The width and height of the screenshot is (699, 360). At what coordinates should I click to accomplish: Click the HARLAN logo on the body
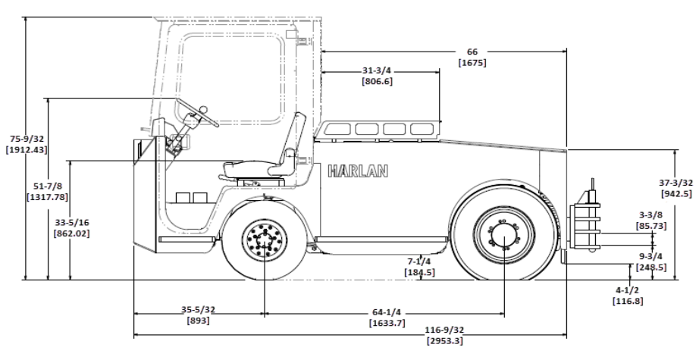[358, 171]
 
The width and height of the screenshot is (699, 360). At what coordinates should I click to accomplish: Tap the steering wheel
[196, 113]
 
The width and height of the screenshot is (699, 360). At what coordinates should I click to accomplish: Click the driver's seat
[265, 152]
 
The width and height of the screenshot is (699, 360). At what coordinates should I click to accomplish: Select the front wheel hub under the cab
[265, 242]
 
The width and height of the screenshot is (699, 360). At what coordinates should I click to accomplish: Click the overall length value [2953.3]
[444, 341]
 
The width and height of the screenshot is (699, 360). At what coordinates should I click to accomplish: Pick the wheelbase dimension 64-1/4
[387, 312]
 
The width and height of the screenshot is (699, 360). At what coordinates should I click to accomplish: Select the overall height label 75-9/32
[26, 139]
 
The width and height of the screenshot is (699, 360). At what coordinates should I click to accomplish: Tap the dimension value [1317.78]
[47, 196]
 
